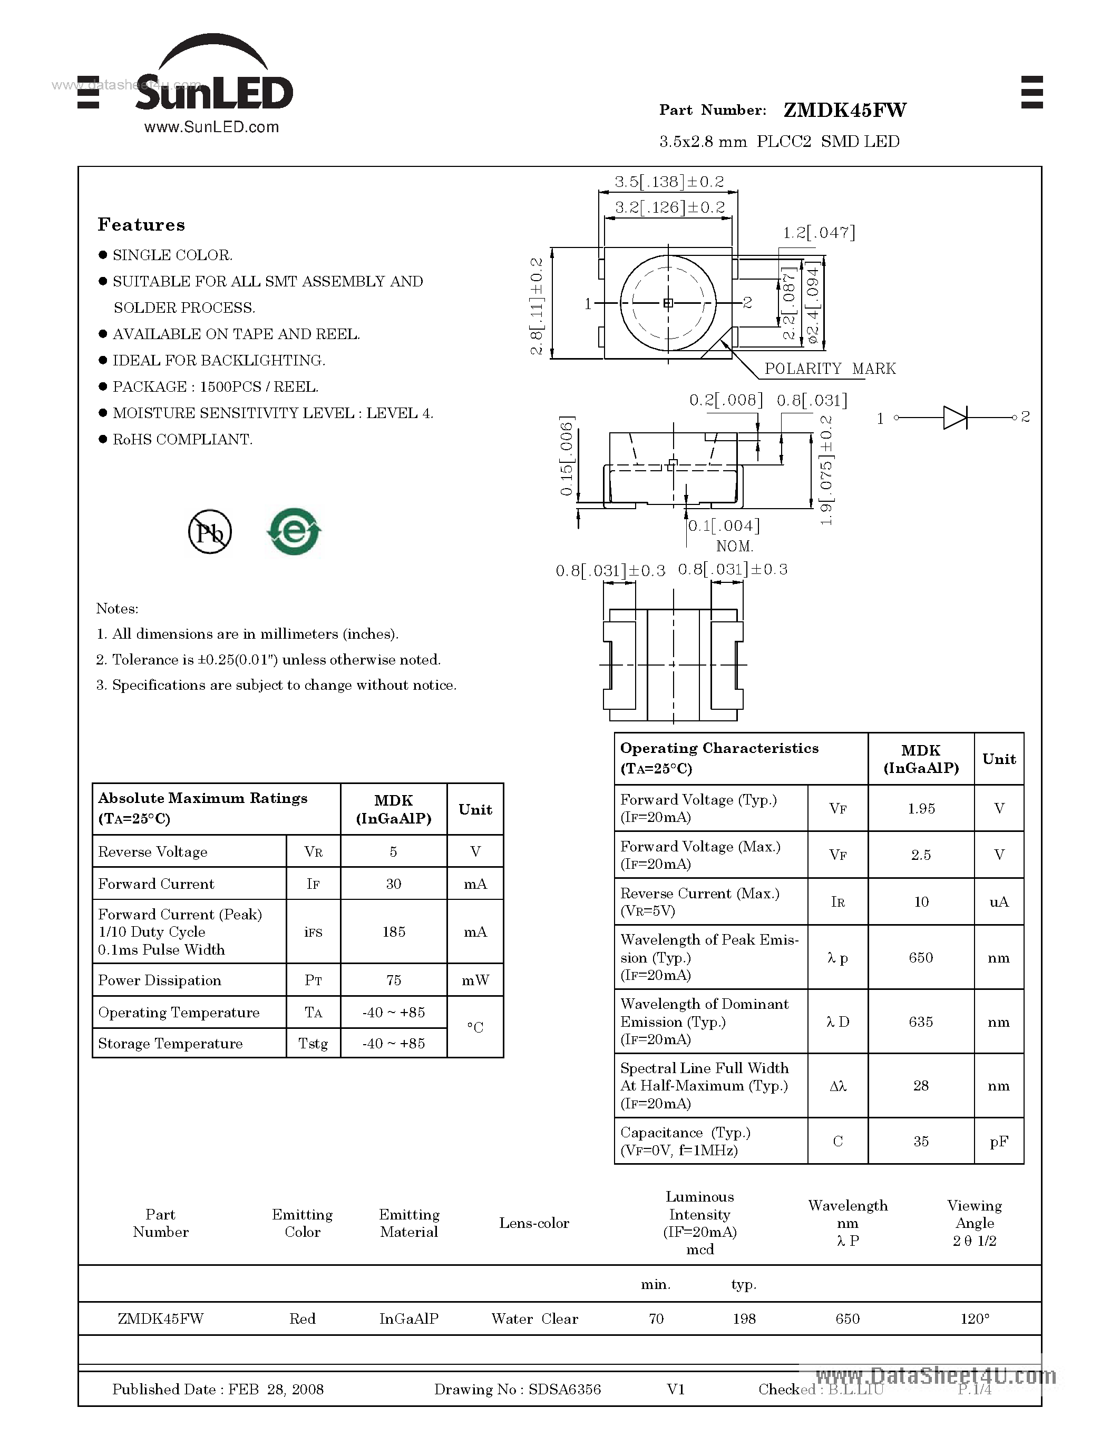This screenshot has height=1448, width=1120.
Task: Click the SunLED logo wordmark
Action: (x=213, y=93)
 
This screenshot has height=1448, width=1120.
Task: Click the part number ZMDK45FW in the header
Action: (x=845, y=110)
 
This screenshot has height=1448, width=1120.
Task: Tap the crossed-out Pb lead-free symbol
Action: (x=210, y=532)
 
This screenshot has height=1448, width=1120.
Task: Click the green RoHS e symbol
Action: (x=294, y=532)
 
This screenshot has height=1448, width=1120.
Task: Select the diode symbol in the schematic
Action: (x=955, y=418)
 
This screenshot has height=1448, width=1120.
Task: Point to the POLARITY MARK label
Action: (x=830, y=369)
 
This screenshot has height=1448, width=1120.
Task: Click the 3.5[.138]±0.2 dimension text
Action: (x=669, y=182)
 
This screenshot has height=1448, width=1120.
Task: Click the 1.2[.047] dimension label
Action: (x=819, y=233)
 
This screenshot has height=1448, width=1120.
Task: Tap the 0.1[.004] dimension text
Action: (x=723, y=526)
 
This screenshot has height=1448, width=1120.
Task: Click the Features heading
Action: (x=141, y=225)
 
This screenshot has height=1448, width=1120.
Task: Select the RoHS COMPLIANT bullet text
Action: (x=182, y=440)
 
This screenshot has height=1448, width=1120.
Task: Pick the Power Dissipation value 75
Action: (x=394, y=980)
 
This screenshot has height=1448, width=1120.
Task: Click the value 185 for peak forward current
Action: (x=394, y=932)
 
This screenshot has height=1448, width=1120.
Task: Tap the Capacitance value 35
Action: (x=921, y=1142)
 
